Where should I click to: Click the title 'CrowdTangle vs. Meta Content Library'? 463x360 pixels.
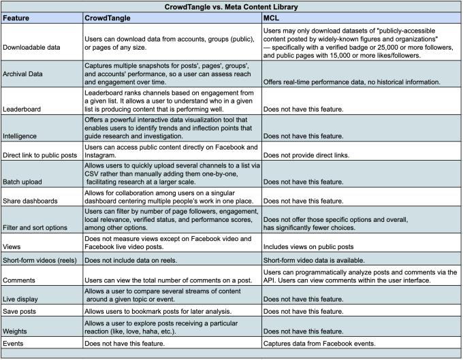pyautogui.click(x=231, y=6)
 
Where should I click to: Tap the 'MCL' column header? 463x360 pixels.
pyautogui.click(x=271, y=18)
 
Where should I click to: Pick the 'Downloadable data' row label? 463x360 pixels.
pyautogui.click(x=34, y=48)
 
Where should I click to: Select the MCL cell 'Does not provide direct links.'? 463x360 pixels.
pyautogui.click(x=307, y=155)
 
